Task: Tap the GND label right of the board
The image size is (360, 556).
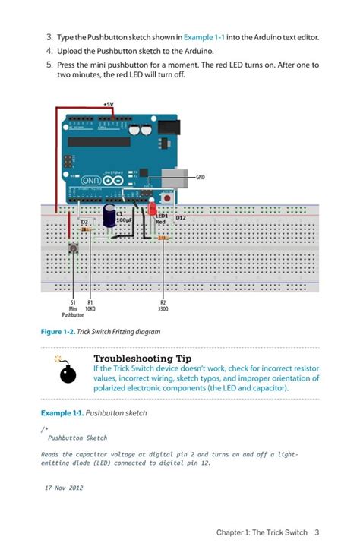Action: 201,177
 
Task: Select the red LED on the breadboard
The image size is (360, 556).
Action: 152,207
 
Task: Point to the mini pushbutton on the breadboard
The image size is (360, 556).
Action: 74,248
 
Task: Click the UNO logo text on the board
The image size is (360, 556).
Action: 90,181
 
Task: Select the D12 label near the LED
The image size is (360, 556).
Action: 180,218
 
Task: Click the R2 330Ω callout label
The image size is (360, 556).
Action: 163,306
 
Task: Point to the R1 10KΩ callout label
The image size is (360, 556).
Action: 90,306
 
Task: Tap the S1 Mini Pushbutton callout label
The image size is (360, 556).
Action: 74,309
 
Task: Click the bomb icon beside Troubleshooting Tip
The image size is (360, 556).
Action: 68,371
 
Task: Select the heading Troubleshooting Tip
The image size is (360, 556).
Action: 142,358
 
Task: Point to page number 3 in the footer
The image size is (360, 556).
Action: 317,532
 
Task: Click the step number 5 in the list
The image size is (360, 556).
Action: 49,65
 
